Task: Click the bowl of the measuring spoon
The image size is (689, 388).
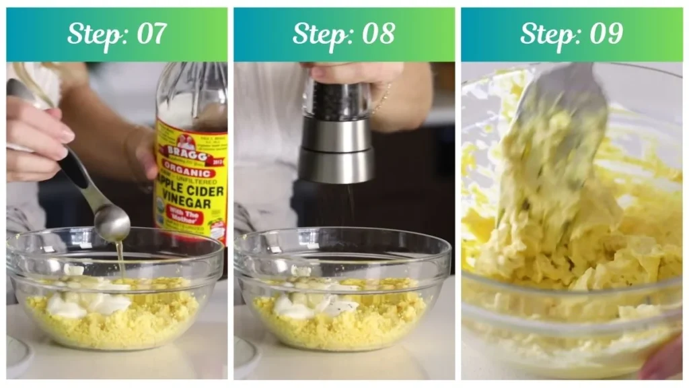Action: pyautogui.click(x=112, y=222)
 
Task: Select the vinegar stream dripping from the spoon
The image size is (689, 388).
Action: pyautogui.click(x=121, y=256)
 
